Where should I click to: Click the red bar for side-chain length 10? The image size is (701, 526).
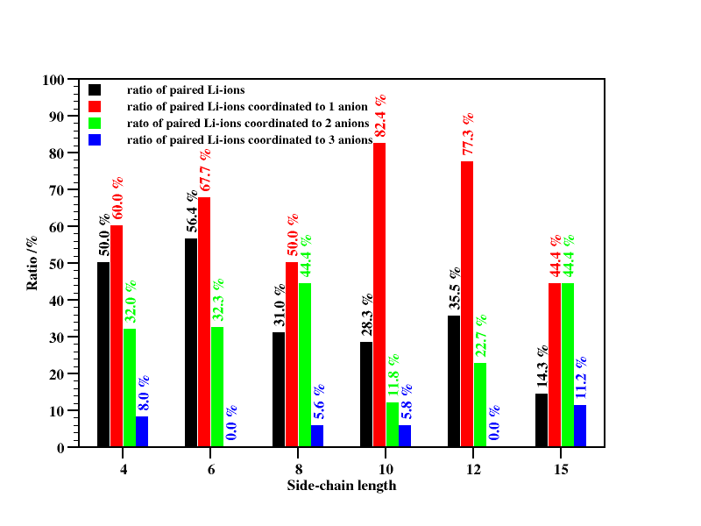pyautogui.click(x=379, y=295)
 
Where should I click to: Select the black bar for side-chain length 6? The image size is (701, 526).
pyautogui.click(x=191, y=343)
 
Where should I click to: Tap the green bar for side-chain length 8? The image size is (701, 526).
pyautogui.click(x=305, y=365)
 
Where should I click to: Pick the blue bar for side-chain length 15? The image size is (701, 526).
pyautogui.click(x=580, y=426)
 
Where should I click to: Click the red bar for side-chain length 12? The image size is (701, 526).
pyautogui.click(x=467, y=304)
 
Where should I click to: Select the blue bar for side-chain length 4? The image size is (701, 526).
pyautogui.click(x=142, y=431)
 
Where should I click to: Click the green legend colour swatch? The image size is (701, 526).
pyautogui.click(x=95, y=123)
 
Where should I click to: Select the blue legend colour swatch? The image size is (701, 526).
pyautogui.click(x=95, y=139)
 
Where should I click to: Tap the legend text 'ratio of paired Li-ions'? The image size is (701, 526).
pyautogui.click(x=185, y=89)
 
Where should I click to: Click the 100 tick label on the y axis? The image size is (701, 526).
pyautogui.click(x=53, y=80)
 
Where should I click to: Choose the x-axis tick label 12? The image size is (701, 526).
pyautogui.click(x=473, y=470)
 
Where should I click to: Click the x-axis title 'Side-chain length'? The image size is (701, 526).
pyautogui.click(x=342, y=485)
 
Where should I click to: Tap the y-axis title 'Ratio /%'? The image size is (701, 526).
pyautogui.click(x=32, y=262)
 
